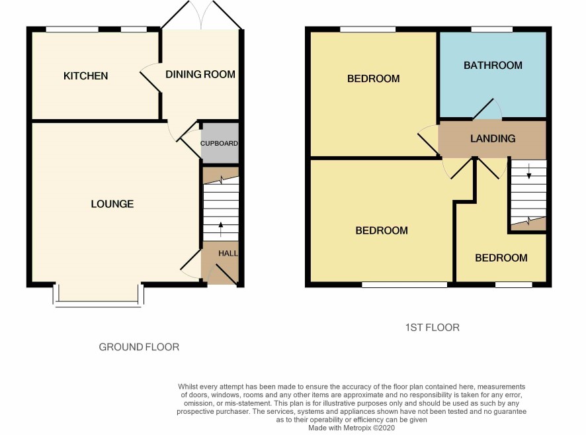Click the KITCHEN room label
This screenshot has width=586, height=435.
coord(85,76)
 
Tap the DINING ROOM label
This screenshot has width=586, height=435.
coord(200,74)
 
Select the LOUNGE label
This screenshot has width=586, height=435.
coord(112,204)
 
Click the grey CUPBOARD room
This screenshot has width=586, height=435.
coord(220,143)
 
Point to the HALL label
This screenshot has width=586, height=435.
coord(228,254)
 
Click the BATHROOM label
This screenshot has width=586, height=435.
coord(493,66)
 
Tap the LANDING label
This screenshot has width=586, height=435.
coord(493,139)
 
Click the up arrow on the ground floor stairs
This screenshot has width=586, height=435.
coord(221,229)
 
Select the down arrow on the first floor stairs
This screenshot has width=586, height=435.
coord(529,171)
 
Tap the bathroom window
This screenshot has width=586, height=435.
coord(492,29)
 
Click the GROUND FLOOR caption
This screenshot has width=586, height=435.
coord(139,347)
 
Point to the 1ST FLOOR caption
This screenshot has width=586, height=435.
coord(433,328)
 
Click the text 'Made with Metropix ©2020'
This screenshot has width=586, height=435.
coord(351,428)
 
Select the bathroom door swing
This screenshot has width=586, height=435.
coord(487,109)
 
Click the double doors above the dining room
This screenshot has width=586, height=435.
coord(202,15)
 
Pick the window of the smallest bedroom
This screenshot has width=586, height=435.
coord(513,285)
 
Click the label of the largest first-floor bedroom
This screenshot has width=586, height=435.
coord(382,230)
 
